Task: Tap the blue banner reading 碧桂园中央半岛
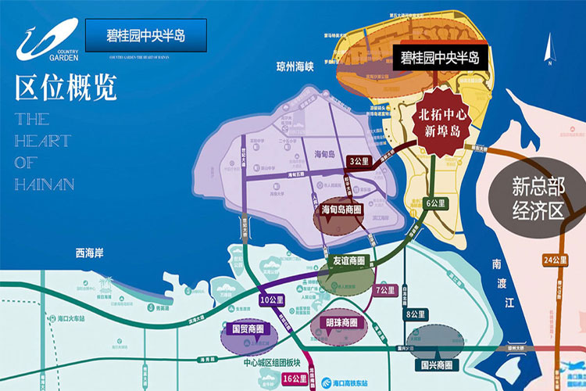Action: [x=146, y=36]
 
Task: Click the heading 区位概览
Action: [x=66, y=88]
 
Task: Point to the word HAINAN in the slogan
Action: [x=44, y=185]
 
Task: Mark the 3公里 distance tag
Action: [x=359, y=161]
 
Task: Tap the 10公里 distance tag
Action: [x=271, y=300]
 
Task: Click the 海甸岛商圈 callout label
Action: [x=341, y=210]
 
